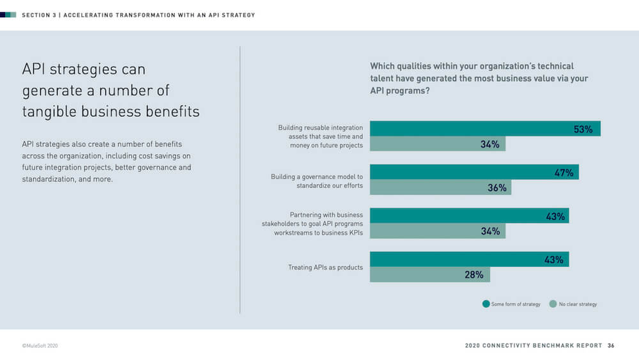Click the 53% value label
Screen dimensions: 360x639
tap(583, 129)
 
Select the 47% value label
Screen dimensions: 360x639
tap(564, 173)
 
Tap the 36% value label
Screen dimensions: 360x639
tap(497, 188)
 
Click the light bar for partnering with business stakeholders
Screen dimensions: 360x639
tap(428, 231)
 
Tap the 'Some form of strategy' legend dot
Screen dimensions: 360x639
tap(486, 304)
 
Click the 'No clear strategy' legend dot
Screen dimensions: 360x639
tap(553, 304)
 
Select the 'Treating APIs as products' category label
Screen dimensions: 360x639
tap(325, 267)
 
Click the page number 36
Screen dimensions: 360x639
tap(611, 345)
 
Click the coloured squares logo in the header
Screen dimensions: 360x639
tap(8, 15)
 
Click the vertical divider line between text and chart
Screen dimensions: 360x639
tap(240, 179)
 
